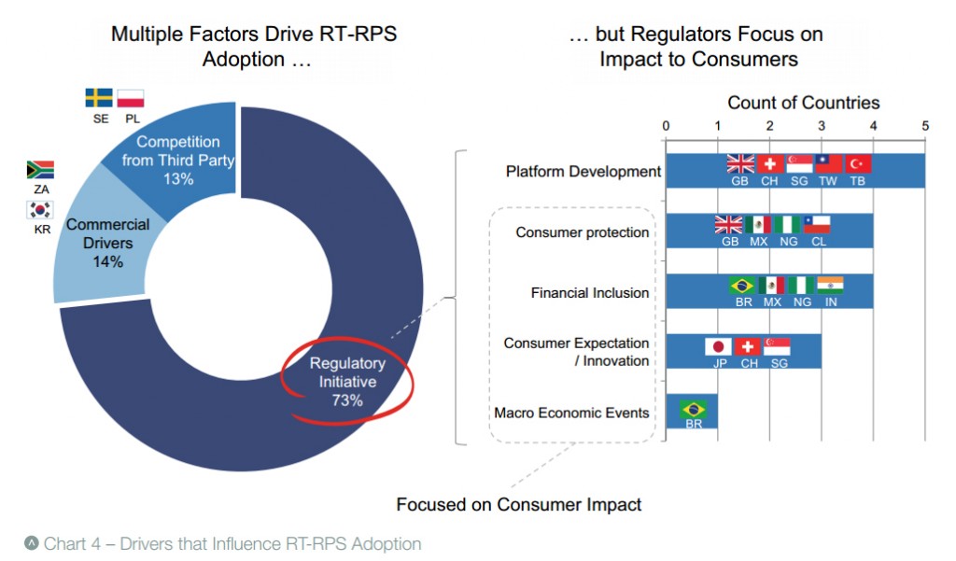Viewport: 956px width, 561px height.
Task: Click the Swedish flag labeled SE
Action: [99, 98]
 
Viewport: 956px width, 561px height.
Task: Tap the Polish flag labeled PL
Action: [132, 98]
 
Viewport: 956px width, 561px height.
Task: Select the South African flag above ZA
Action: [40, 170]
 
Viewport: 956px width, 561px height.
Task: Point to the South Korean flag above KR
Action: [40, 209]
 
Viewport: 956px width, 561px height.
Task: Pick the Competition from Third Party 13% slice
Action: [177, 160]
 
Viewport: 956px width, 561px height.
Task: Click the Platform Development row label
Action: [583, 172]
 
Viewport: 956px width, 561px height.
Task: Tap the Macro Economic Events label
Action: [571, 413]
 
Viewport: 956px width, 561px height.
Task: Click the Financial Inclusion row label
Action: [590, 293]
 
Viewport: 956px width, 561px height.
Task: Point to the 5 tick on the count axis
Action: [925, 126]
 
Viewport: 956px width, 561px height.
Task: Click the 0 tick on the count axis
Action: [666, 126]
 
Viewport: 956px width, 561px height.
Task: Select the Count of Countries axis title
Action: [803, 103]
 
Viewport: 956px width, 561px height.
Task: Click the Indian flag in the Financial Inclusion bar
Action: [830, 285]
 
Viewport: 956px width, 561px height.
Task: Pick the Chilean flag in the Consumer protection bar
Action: [817, 224]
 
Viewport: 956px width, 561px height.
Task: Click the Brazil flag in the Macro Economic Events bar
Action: [694, 408]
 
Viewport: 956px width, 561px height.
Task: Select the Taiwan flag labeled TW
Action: [828, 164]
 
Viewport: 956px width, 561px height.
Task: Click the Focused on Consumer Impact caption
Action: [519, 504]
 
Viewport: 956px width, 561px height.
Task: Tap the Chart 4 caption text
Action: [232, 543]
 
